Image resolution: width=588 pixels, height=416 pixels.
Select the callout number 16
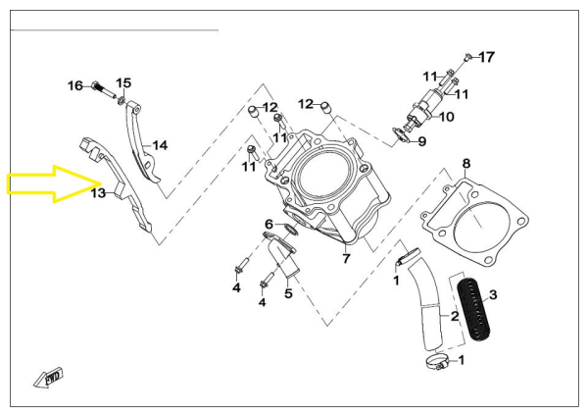click(x=75, y=86)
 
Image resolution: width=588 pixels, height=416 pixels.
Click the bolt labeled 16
click(x=101, y=87)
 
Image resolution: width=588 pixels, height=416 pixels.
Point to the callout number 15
click(x=123, y=82)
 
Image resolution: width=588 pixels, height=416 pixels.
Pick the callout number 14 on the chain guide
click(x=160, y=145)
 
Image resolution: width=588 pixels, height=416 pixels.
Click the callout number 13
click(x=98, y=193)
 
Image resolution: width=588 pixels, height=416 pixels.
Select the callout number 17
click(x=487, y=56)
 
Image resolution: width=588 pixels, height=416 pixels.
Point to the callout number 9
click(x=421, y=141)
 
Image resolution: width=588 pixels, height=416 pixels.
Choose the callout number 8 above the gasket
click(x=466, y=163)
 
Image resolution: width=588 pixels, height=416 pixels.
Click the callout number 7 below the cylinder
click(x=346, y=259)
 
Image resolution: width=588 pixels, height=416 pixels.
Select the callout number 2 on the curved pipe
click(x=454, y=316)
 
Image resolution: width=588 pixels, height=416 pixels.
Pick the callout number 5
click(x=288, y=291)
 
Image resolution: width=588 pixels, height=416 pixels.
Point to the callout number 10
click(x=447, y=118)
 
